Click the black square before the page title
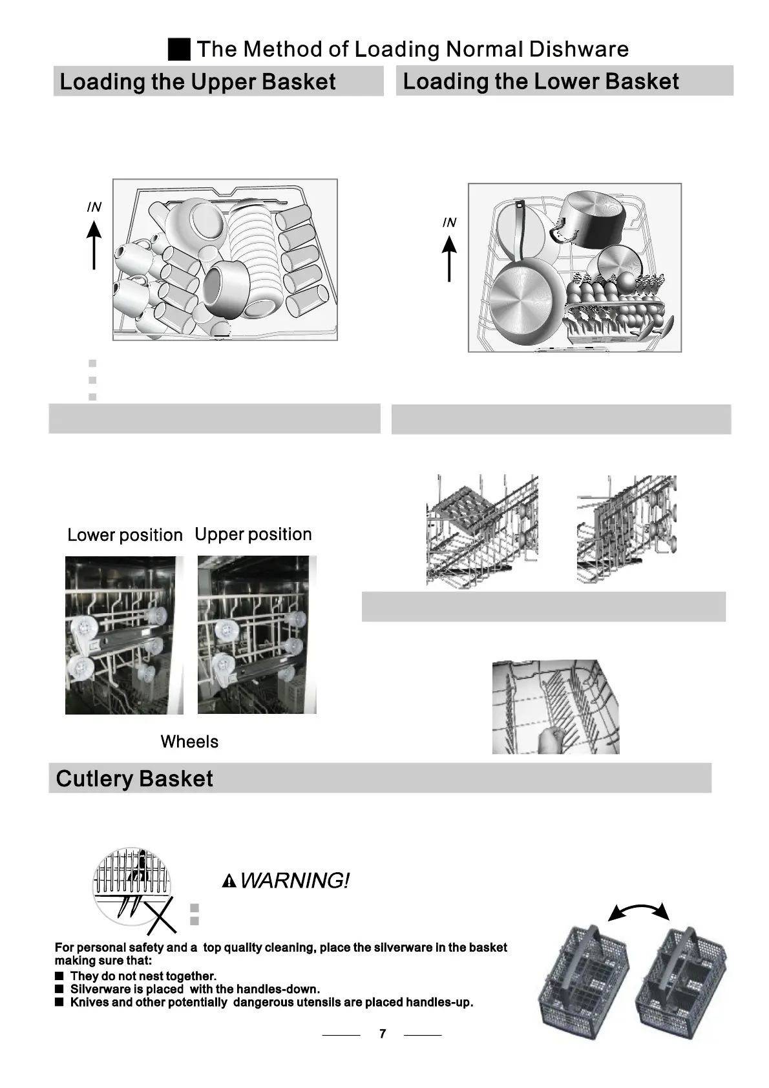point(179,49)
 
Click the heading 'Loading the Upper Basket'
point(197,82)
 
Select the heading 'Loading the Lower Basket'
point(540,81)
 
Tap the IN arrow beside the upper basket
point(94,244)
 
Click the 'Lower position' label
point(125,535)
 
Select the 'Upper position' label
point(253,534)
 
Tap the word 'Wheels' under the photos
point(189,742)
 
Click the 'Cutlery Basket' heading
point(134,779)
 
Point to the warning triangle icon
point(229,881)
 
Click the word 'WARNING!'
point(295,881)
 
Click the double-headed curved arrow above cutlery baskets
point(638,910)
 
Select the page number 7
point(383,1034)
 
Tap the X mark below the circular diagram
point(162,915)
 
